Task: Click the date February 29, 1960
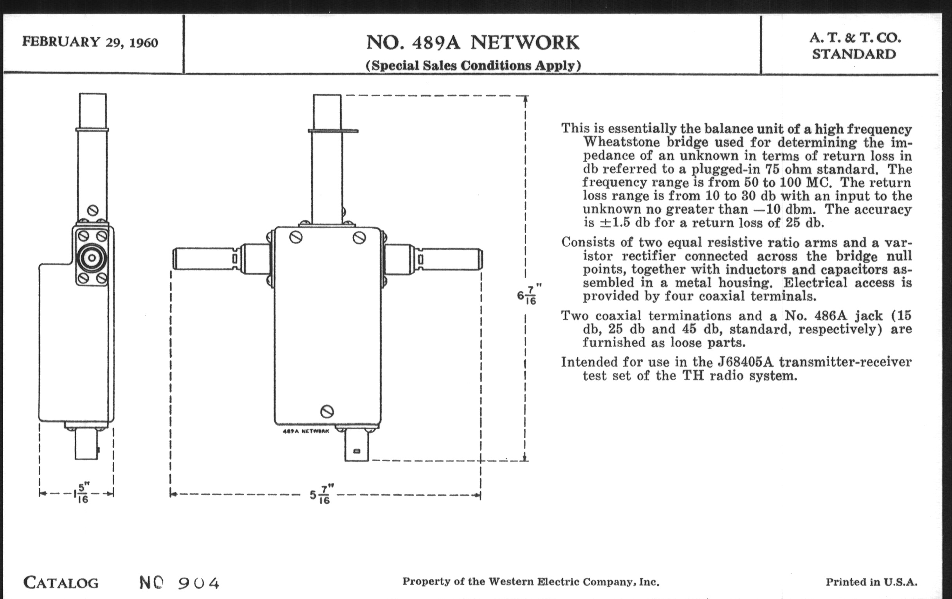pos(90,42)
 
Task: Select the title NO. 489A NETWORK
pos(473,43)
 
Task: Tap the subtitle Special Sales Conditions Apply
pos(473,65)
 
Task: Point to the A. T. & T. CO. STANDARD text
pos(855,46)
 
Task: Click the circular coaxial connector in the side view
pos(92,258)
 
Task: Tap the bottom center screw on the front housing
pos(327,411)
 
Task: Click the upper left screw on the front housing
pos(296,237)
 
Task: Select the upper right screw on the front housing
pos(359,237)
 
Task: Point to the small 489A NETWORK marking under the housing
pos(306,431)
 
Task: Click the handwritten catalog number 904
pos(198,583)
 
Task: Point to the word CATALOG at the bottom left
pos(61,583)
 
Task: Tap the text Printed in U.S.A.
pos(871,582)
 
